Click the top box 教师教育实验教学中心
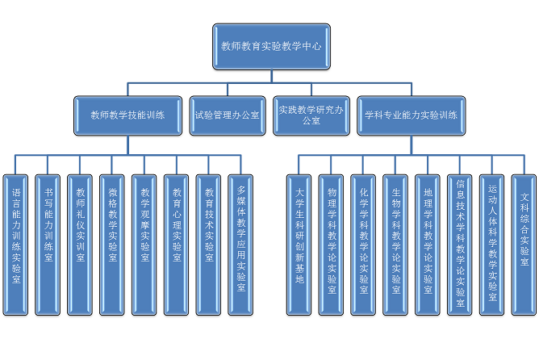270,47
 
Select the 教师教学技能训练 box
128,115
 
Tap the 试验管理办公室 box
227,115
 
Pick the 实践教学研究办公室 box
311,115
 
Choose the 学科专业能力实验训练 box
411,115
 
